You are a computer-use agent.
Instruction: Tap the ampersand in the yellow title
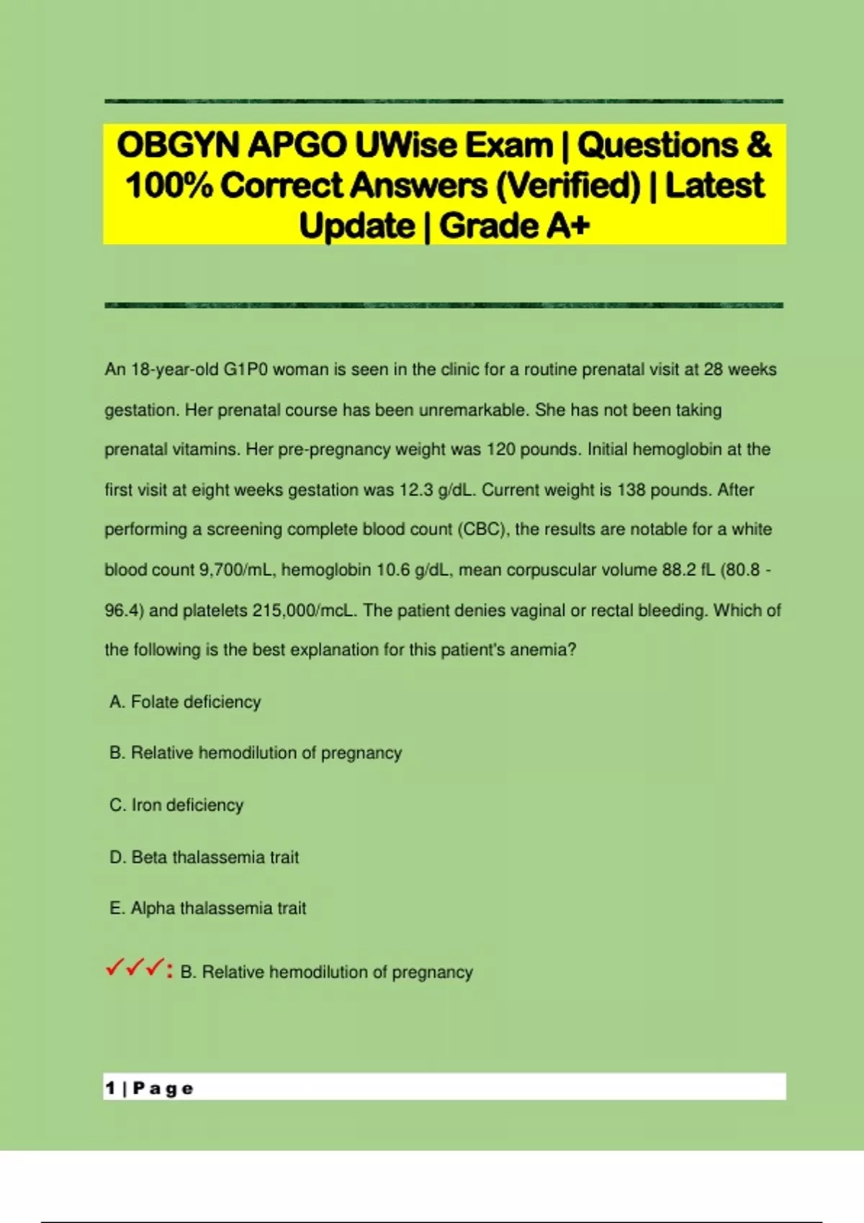coord(759,145)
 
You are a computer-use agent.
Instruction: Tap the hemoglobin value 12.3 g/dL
coord(438,490)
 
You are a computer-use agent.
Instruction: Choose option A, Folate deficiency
coord(186,702)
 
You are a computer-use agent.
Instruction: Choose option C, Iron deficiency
coord(177,805)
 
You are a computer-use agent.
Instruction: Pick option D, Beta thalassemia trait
coord(204,858)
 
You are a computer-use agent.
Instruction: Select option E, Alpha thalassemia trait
coord(208,909)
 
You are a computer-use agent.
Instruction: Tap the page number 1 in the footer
coord(110,1088)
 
